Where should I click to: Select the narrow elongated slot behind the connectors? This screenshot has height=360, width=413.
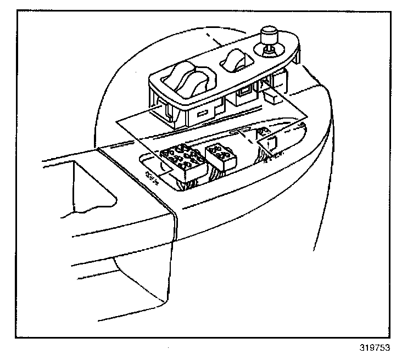click(x=242, y=132)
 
